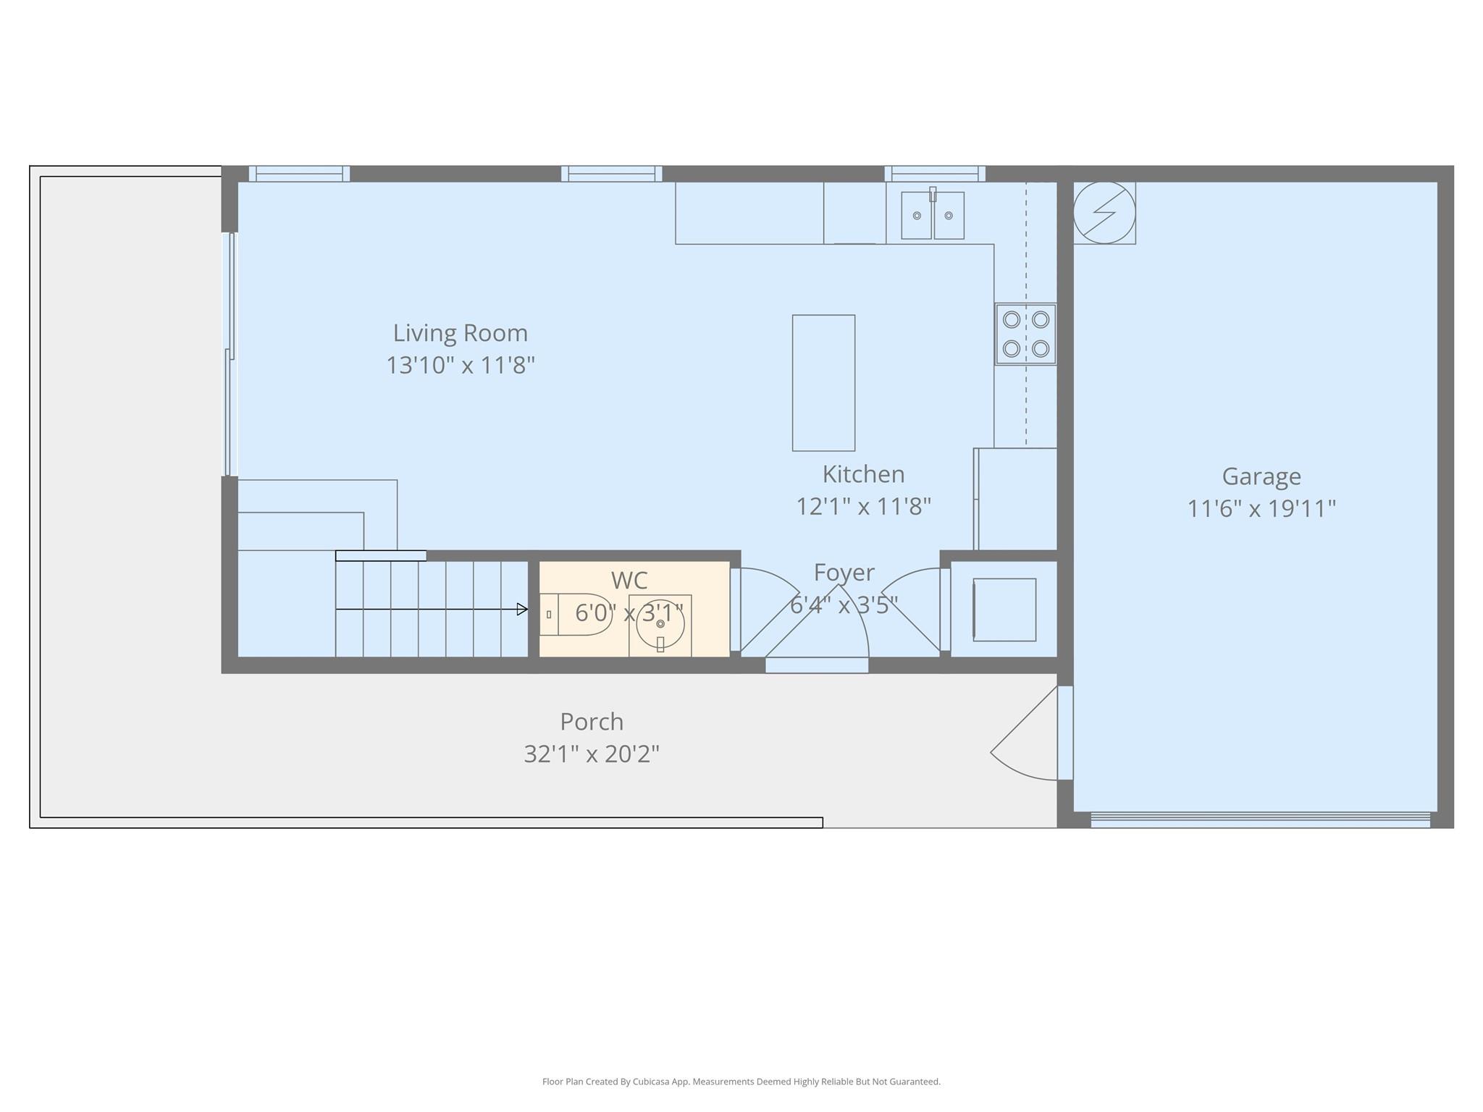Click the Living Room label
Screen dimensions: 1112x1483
pyautogui.click(x=460, y=333)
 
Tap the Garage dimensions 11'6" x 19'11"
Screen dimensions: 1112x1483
pyautogui.click(x=1261, y=508)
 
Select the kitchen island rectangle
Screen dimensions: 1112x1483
pyautogui.click(x=823, y=383)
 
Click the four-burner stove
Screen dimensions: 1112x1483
pyautogui.click(x=1025, y=334)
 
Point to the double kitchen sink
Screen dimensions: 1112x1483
pyautogui.click(x=932, y=215)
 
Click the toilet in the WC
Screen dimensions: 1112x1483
pyautogui.click(x=577, y=615)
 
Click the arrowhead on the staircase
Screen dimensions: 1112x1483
pyautogui.click(x=521, y=610)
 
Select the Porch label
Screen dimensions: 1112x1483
pyautogui.click(x=591, y=722)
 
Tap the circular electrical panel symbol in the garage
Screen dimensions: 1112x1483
pyautogui.click(x=1104, y=213)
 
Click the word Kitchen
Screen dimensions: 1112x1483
pyautogui.click(x=863, y=474)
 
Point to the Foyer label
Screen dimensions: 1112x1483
pyautogui.click(x=844, y=573)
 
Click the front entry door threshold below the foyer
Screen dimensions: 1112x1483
pyautogui.click(x=817, y=665)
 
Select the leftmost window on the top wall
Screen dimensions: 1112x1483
pyautogui.click(x=299, y=174)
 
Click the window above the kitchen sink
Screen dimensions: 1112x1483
pyautogui.click(x=934, y=174)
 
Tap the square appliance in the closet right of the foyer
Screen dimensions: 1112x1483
pyautogui.click(x=1004, y=610)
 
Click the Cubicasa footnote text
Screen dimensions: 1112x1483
pyautogui.click(x=741, y=1082)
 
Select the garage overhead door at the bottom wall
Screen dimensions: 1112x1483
pyautogui.click(x=1260, y=820)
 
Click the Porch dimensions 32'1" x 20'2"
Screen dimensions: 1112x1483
pyautogui.click(x=591, y=754)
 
